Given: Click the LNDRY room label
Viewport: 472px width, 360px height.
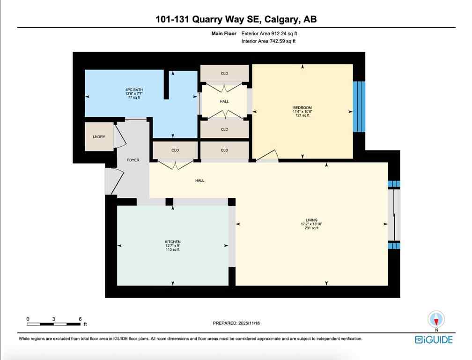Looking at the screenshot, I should tap(99, 136).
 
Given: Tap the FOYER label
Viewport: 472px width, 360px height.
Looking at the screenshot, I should tap(133, 160).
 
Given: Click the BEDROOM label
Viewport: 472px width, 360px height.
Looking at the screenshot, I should tap(302, 107).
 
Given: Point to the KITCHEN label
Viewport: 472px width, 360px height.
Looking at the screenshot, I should tap(173, 242).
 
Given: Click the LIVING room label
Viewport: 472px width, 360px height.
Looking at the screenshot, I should tap(311, 220).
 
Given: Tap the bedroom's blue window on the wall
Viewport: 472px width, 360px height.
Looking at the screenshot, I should tap(358, 106).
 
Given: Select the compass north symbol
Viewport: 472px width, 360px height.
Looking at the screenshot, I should tap(436, 320).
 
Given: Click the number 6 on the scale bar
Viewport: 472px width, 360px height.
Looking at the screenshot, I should tap(80, 319).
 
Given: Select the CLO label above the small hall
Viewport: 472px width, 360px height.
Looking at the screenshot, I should tap(224, 74).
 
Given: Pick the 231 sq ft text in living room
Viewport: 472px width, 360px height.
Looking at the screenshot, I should tap(311, 228).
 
